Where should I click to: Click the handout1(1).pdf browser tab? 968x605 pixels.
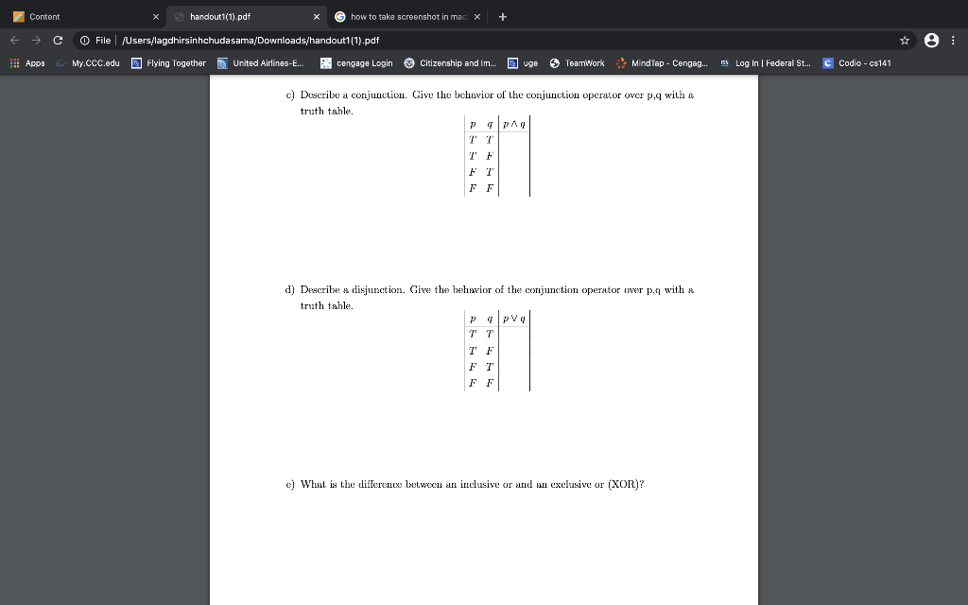[x=220, y=16]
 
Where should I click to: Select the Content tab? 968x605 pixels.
[x=44, y=16]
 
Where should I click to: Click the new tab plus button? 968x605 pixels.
[x=502, y=16]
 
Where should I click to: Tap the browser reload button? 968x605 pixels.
[x=59, y=40]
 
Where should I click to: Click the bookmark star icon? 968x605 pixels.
[x=905, y=40]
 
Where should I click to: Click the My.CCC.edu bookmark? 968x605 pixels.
[x=95, y=63]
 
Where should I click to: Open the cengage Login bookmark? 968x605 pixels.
[x=364, y=63]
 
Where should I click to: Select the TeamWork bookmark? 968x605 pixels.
[x=584, y=63]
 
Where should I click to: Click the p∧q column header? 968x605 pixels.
[x=514, y=123]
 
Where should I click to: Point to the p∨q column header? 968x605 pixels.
[x=514, y=318]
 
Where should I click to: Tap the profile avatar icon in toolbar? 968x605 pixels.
[x=931, y=40]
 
